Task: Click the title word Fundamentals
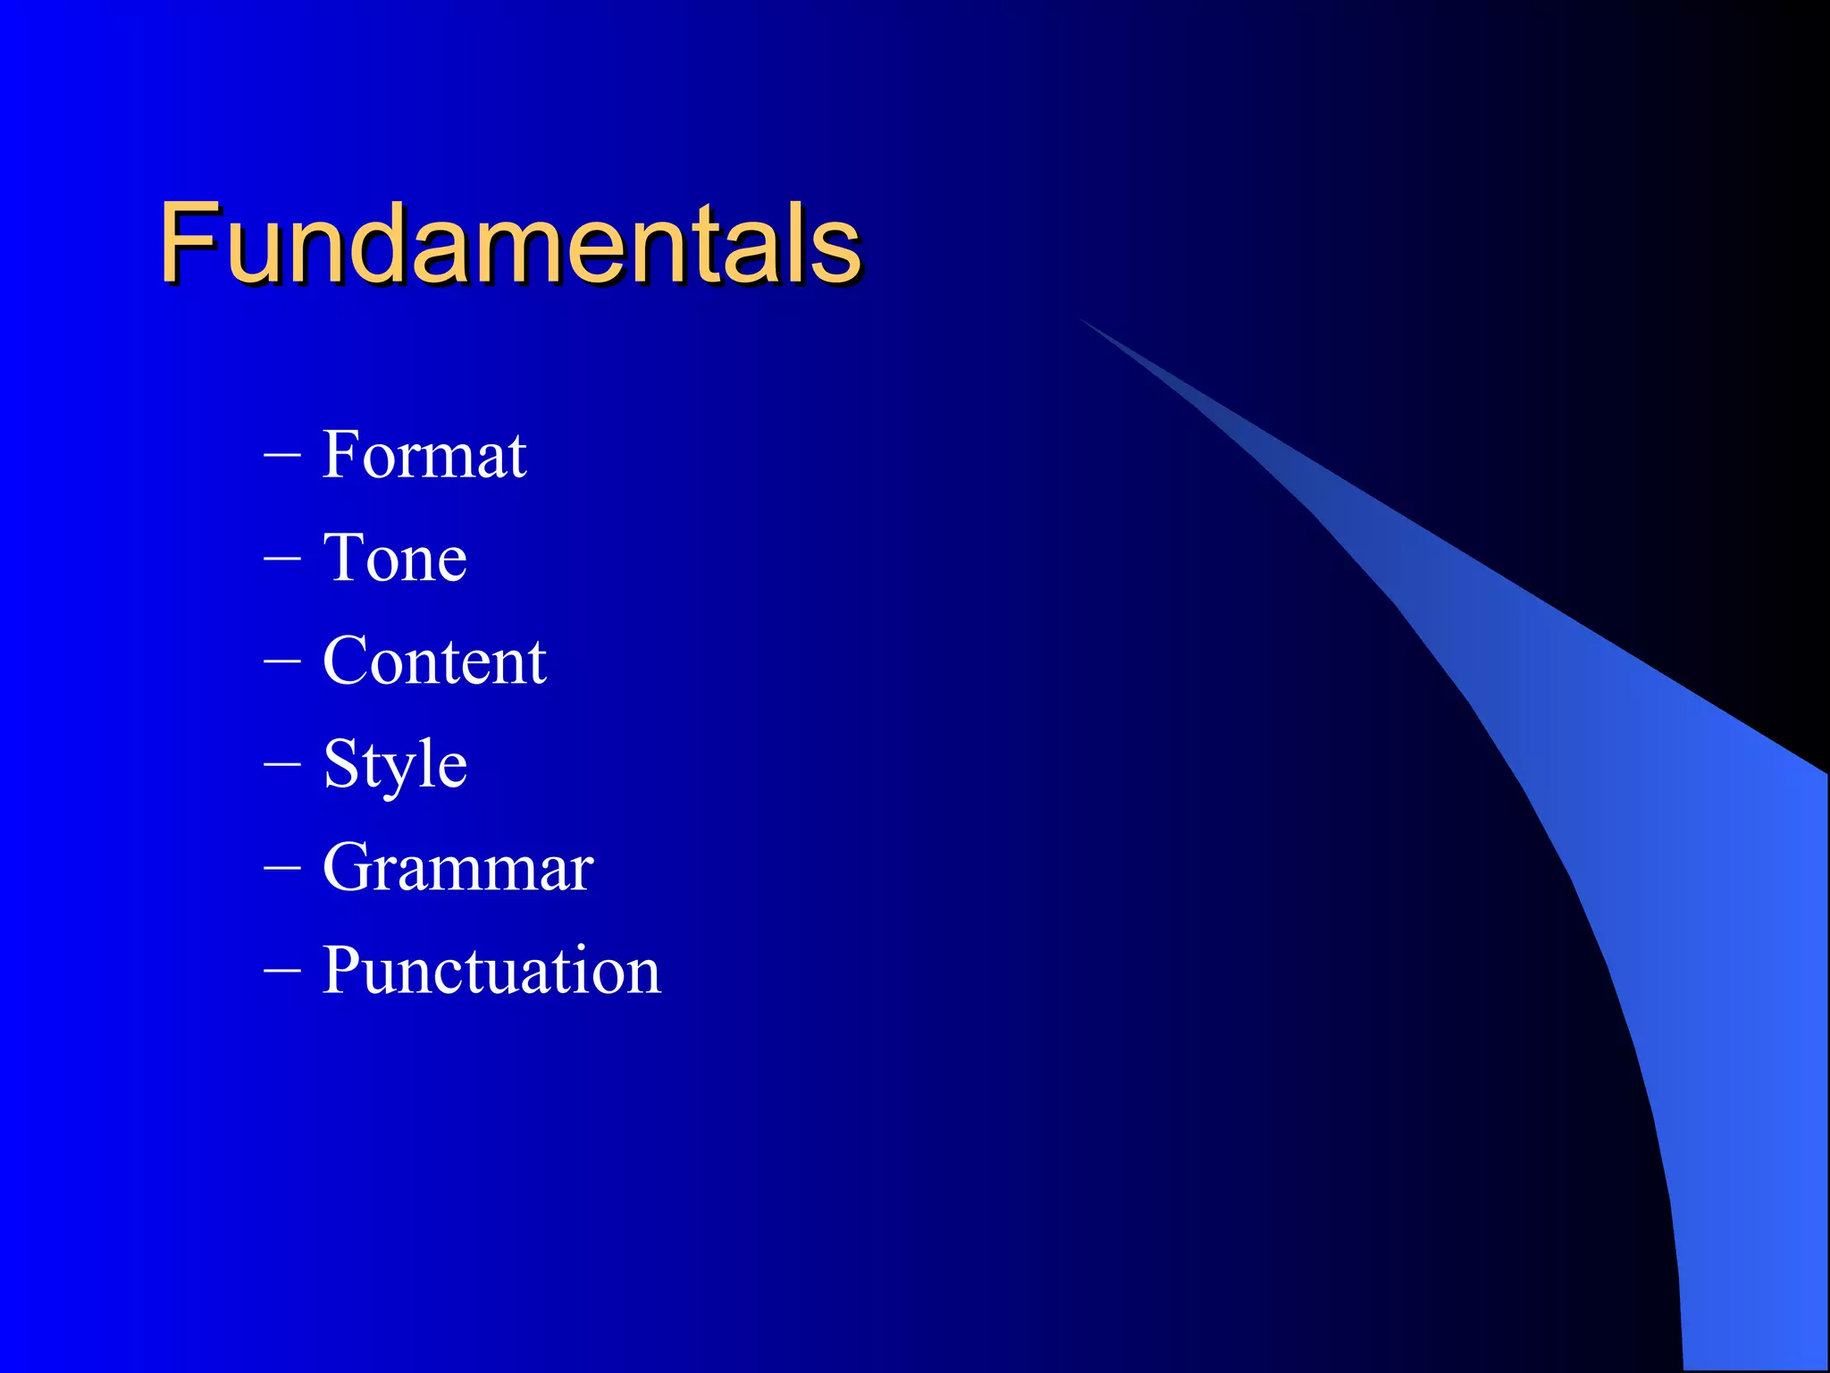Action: [x=509, y=243]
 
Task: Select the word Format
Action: [x=424, y=455]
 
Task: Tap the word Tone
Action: [x=394, y=558]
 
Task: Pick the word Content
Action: [x=434, y=661]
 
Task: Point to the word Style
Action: [x=395, y=765]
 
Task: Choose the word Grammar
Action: [x=457, y=867]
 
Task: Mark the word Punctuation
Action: [x=491, y=971]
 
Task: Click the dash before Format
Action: [x=282, y=457]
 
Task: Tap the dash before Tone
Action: [x=282, y=560]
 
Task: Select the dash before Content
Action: [x=282, y=663]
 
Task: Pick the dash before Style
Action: [x=282, y=766]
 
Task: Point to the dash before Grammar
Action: [x=282, y=869]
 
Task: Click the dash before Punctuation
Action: [x=282, y=972]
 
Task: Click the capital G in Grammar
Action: [x=348, y=867]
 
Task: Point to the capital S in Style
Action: [x=341, y=764]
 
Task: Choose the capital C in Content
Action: [x=348, y=661]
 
